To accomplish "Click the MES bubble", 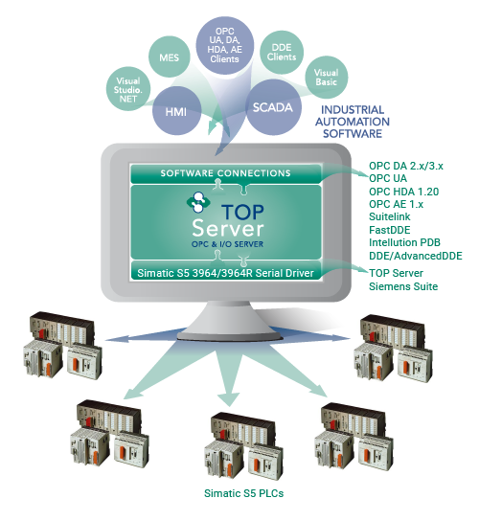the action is (170, 57).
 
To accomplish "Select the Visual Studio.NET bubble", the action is (128, 89).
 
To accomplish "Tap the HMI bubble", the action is (176, 111).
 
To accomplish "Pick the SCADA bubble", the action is (273, 107).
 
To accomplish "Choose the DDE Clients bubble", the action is (282, 52).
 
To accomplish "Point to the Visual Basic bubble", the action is (327, 77).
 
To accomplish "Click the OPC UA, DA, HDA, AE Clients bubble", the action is (225, 45).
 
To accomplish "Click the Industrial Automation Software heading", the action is (353, 122).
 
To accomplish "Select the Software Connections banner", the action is (226, 173).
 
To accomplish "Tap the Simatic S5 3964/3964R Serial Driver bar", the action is (226, 273).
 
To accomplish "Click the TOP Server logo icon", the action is (198, 202).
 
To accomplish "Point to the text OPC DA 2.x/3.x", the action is (406, 166).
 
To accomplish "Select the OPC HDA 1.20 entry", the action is (404, 192).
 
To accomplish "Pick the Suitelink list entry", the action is (390, 216).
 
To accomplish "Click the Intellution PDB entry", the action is (404, 242).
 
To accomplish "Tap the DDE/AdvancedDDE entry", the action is (416, 256).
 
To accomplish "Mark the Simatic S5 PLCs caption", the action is (243, 493).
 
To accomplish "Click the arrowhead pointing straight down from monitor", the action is (229, 399).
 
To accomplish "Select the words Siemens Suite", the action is (403, 286).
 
